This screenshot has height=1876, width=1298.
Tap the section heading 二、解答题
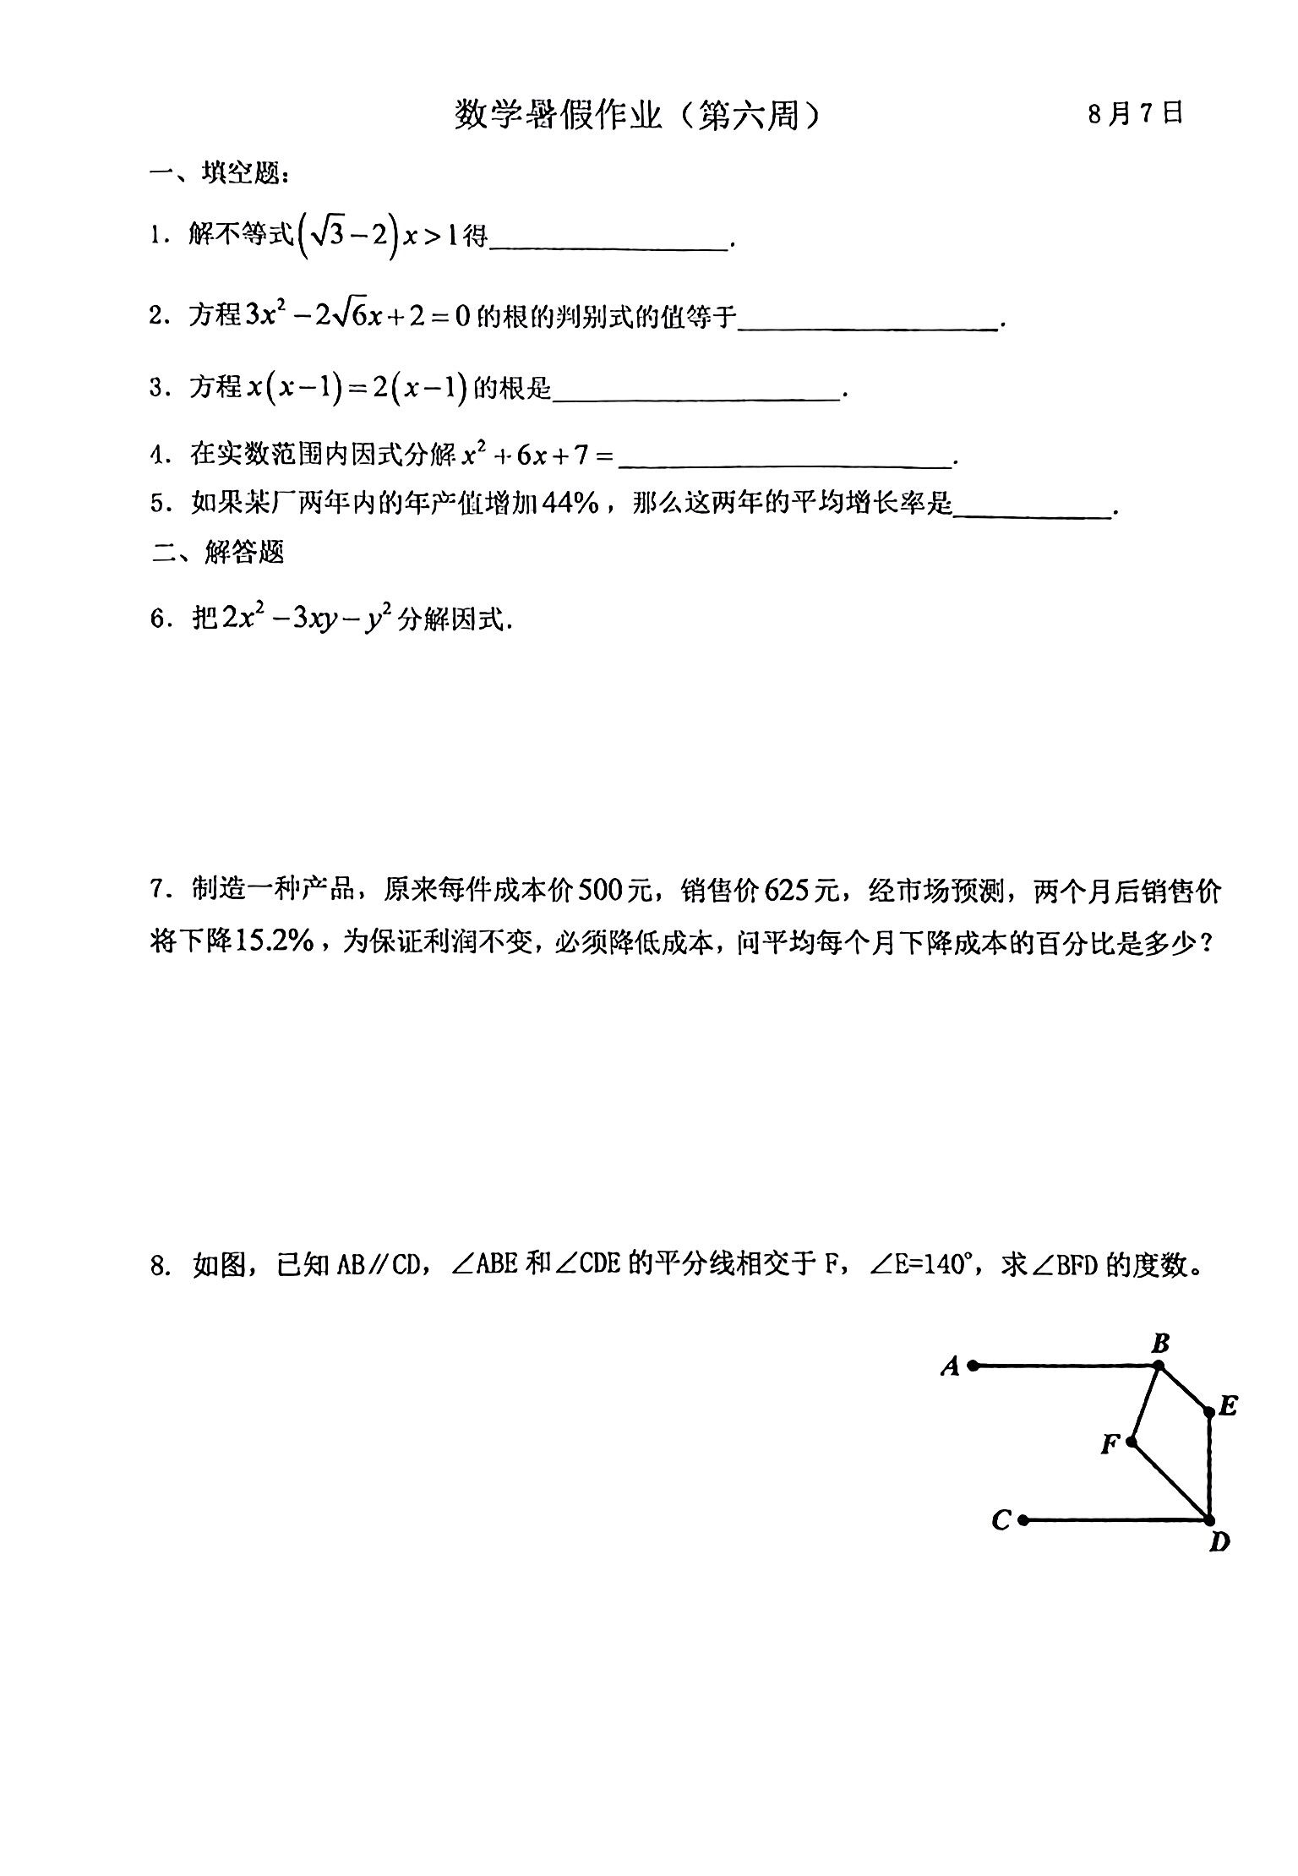tap(219, 552)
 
